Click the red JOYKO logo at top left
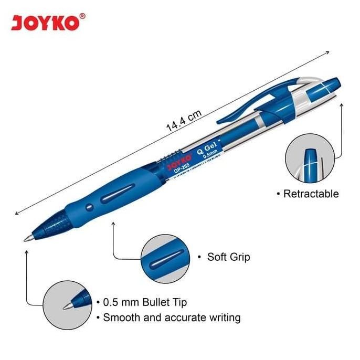[45, 24]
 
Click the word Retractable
[311, 194]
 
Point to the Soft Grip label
[228, 257]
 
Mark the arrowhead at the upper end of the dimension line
[327, 52]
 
